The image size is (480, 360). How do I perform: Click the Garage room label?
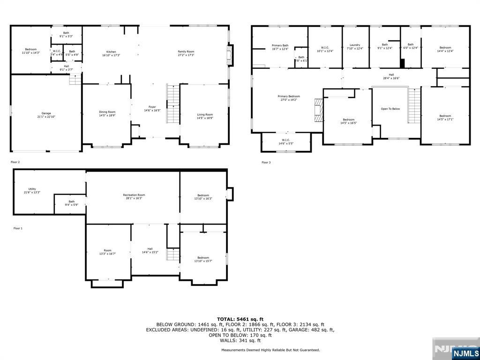tap(46, 113)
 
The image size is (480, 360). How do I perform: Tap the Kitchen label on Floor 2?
tap(111, 52)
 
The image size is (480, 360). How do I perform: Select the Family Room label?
tap(186, 52)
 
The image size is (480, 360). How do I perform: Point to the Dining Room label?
tap(107, 112)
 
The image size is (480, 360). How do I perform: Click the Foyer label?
tap(152, 107)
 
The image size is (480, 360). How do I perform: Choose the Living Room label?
tap(205, 115)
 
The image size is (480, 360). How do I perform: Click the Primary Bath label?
tap(280, 45)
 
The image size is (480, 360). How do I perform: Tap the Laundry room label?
tap(354, 45)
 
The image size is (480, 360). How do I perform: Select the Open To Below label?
tap(390, 109)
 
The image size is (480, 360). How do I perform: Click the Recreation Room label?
tap(134, 195)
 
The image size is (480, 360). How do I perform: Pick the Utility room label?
tap(32, 189)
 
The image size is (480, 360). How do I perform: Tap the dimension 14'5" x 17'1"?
tap(445, 119)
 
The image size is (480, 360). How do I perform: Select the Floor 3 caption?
tap(266, 163)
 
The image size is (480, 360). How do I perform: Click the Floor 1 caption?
tap(17, 228)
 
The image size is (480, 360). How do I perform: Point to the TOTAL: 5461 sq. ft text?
tap(240, 319)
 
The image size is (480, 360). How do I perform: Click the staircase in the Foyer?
tap(173, 104)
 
